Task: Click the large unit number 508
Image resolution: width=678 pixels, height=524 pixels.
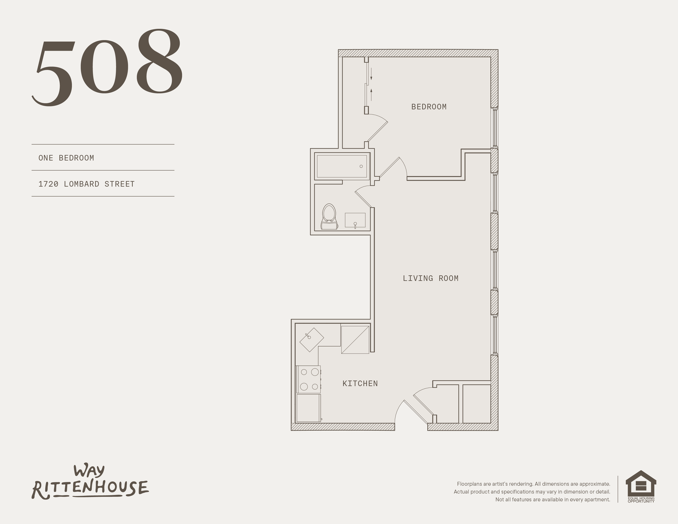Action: click(108, 67)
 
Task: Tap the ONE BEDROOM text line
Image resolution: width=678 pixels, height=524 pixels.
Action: click(66, 158)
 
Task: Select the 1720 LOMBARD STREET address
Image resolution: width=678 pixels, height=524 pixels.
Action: click(87, 184)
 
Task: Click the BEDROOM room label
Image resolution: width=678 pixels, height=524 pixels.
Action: click(429, 107)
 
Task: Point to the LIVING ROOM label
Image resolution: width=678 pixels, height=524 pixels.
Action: click(430, 278)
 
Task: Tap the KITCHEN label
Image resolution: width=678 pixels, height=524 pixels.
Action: click(360, 383)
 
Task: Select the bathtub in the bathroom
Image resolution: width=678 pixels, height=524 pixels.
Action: click(342, 166)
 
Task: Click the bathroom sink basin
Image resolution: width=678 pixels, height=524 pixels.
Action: click(355, 220)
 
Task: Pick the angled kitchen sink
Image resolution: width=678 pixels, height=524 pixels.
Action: click(311, 339)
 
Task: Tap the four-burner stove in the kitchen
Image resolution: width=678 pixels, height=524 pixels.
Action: click(309, 380)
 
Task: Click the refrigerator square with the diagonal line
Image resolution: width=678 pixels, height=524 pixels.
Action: click(355, 339)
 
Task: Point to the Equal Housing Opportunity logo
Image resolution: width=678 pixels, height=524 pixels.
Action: click(641, 486)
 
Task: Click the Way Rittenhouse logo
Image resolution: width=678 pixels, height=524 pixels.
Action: click(90, 482)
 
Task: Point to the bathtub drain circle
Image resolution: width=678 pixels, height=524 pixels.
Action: click(361, 166)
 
